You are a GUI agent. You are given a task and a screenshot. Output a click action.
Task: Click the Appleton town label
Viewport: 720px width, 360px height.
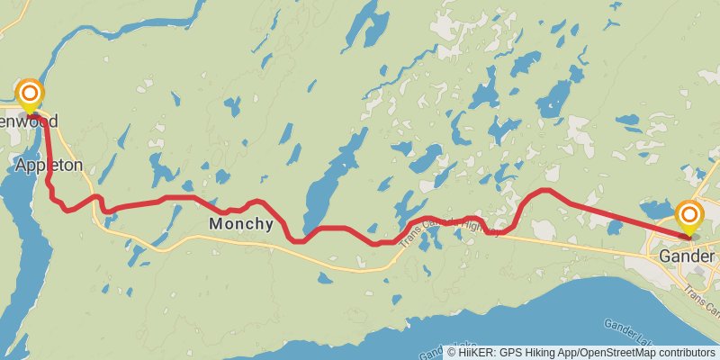click(x=49, y=166)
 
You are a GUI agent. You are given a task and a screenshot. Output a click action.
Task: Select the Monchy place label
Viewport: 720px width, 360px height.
click(x=240, y=224)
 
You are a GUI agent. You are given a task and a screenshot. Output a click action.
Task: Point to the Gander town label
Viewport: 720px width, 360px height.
click(x=686, y=256)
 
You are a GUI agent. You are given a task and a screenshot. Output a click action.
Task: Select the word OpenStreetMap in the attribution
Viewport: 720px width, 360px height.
click(x=611, y=353)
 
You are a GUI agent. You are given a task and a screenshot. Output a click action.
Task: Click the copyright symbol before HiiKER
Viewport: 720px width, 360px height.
click(x=452, y=353)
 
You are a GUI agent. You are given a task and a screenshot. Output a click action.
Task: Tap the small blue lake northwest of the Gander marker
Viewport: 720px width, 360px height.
click(x=656, y=211)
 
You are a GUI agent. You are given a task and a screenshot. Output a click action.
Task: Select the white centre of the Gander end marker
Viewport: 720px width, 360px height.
click(x=689, y=214)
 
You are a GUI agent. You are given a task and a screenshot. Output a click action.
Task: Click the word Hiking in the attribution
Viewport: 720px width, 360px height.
click(x=534, y=353)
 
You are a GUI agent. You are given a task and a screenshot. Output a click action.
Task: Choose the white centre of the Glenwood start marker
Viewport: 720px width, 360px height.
click(x=30, y=92)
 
